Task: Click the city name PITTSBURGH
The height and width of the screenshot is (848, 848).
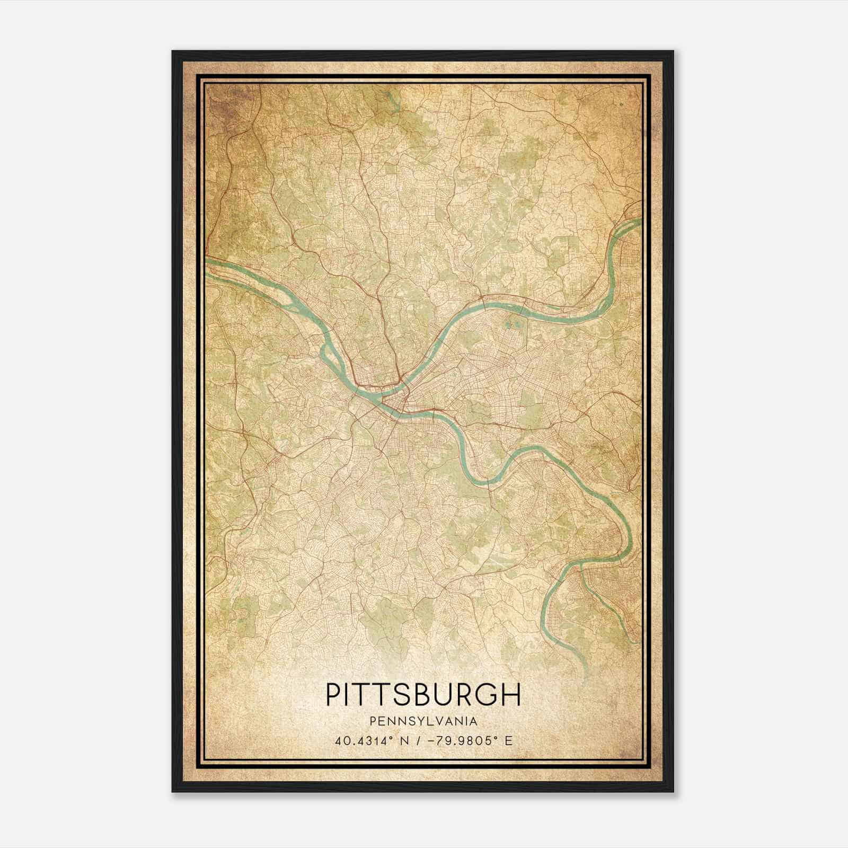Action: click(x=423, y=694)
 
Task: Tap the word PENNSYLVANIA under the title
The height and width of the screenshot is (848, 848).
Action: click(x=423, y=721)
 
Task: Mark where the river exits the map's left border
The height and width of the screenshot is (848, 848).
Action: click(x=208, y=260)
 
